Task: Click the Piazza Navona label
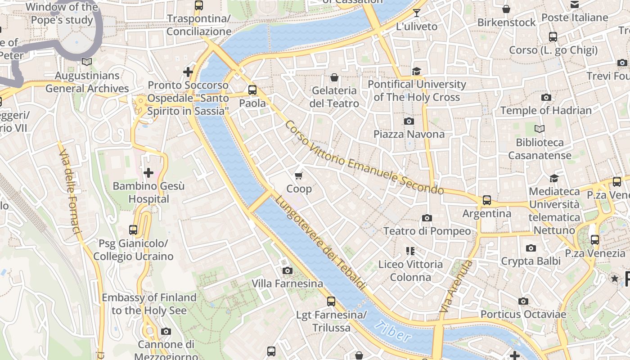coord(409,134)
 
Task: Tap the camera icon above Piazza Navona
coord(409,121)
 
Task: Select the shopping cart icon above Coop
coord(299,175)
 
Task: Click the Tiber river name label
coord(392,332)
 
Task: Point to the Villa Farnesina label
coord(287,283)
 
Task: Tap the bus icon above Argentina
coord(486,200)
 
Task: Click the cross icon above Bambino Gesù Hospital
coord(148,172)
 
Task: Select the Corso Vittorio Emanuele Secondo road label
coord(364,157)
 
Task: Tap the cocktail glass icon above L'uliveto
coord(416,13)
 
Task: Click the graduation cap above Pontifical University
coord(416,71)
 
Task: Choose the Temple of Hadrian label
coord(546,110)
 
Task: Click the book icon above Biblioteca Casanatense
coord(539,129)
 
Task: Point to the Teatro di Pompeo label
coord(427,231)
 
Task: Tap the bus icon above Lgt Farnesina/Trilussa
coord(331,301)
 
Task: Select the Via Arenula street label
coord(456,287)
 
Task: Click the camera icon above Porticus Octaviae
coord(523,301)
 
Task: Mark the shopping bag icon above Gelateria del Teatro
coord(334,77)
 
